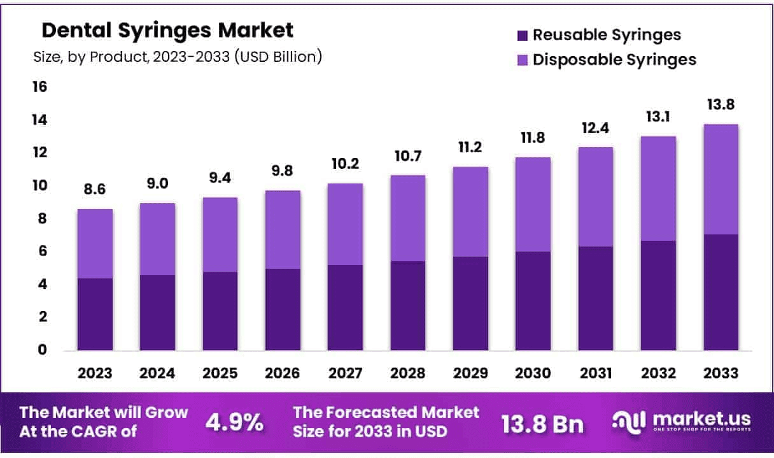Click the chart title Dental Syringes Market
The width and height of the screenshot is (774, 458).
tap(167, 30)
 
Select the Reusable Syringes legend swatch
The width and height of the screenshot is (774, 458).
tap(523, 34)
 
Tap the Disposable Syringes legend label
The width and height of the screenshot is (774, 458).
tap(614, 59)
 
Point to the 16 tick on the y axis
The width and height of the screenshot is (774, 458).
tap(39, 87)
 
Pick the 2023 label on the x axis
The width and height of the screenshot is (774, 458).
tap(95, 373)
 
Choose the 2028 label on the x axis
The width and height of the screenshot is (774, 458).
tap(408, 373)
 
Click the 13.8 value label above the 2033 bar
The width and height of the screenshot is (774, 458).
tap(721, 105)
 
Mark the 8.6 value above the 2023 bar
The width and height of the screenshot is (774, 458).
tap(95, 190)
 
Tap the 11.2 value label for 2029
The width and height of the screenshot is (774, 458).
tap(470, 148)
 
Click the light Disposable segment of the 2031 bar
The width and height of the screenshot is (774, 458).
tap(596, 197)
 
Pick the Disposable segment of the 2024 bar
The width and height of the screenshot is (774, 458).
tap(158, 239)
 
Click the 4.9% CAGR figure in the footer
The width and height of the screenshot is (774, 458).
tap(235, 422)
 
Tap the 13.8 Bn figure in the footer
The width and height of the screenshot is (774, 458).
tap(542, 423)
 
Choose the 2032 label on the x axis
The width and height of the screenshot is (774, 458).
tap(658, 373)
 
